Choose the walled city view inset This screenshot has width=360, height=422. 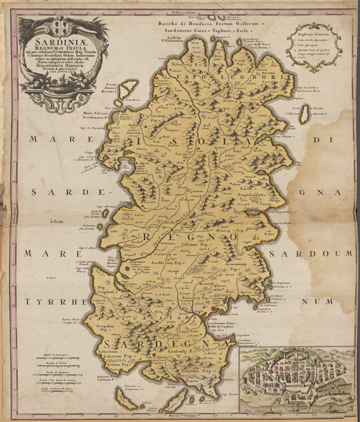(x=297, y=380)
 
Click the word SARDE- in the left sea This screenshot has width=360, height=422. (x=55, y=192)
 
